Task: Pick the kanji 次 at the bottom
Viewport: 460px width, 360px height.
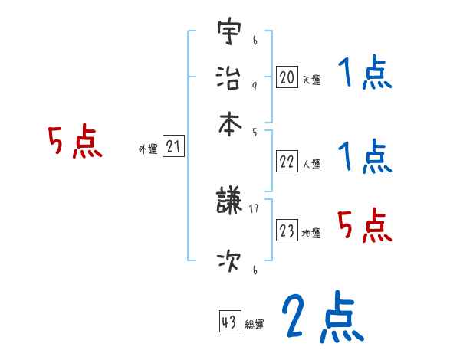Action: [x=229, y=262]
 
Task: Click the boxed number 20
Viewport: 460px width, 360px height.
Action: [x=287, y=77]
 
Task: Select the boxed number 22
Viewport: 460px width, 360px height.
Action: [x=287, y=162]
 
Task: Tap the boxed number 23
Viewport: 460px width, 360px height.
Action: [x=287, y=231]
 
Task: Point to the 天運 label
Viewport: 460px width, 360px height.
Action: [x=311, y=80]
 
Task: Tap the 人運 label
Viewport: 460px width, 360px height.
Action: [x=311, y=164]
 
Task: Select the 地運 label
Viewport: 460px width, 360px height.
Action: [x=311, y=233]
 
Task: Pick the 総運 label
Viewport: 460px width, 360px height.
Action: [x=255, y=325]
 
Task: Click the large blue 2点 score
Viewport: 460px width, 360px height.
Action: [x=322, y=317]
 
